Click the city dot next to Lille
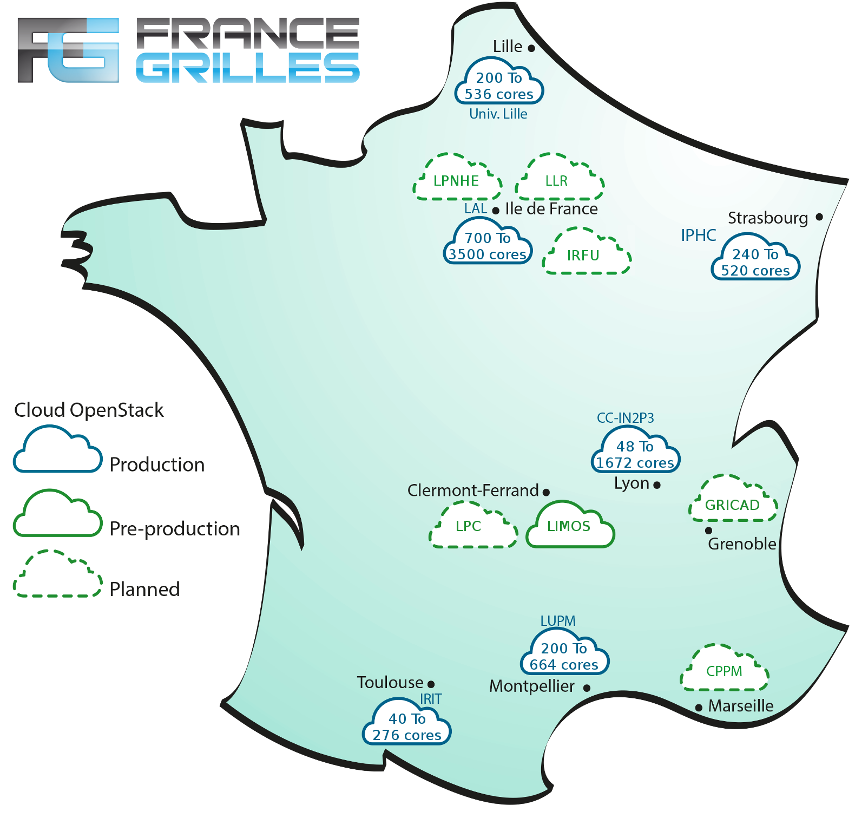531,48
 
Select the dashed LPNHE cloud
457,177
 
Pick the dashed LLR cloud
560,177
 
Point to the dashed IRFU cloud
587,251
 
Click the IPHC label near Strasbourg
698,235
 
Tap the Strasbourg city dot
819,217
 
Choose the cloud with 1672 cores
635,449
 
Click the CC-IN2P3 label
626,418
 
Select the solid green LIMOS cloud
570,524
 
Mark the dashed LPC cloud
473,524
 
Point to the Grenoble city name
742,544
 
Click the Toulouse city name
390,682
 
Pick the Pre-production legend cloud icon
57,513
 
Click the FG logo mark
68,50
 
